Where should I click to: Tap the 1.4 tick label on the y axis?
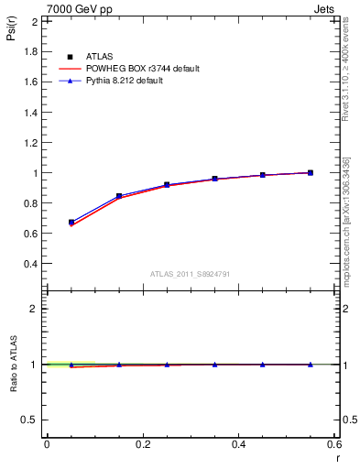pyautogui.click(x=32, y=113)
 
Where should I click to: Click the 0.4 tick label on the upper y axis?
pyautogui.click(x=32, y=264)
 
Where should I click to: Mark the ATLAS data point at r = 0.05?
pyautogui.click(x=71, y=223)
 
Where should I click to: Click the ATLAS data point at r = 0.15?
pyautogui.click(x=119, y=196)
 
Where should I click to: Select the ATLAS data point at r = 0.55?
pyautogui.click(x=311, y=172)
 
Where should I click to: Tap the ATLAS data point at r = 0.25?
pyautogui.click(x=167, y=185)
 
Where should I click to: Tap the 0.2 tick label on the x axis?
pyautogui.click(x=143, y=444)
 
